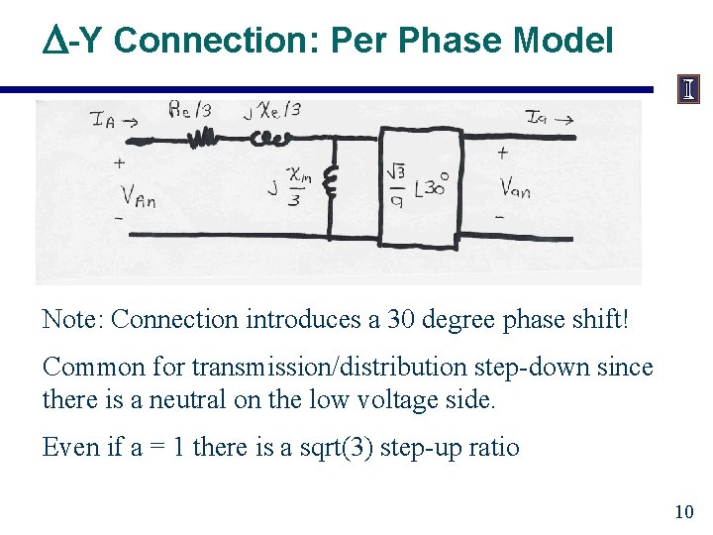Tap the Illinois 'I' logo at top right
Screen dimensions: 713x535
(x=687, y=90)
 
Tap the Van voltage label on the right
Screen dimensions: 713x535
(x=515, y=187)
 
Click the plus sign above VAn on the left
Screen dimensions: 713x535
(x=120, y=162)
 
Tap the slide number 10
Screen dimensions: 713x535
(x=683, y=511)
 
